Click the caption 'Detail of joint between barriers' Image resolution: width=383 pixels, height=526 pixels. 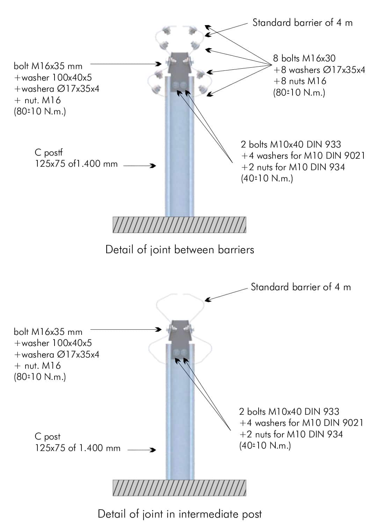180,250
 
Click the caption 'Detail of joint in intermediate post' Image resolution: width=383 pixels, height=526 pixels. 180,514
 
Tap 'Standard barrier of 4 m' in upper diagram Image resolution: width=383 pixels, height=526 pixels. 302,23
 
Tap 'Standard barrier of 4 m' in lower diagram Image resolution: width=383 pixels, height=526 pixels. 301,287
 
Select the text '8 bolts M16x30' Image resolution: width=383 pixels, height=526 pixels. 304,58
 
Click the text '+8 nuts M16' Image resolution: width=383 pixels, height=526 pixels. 299,81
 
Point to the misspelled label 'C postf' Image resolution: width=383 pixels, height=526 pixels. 49,153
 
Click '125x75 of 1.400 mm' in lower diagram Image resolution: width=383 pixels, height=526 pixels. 77,448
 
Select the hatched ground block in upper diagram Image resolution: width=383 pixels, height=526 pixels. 179,225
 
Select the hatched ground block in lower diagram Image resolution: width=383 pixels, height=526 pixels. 179,488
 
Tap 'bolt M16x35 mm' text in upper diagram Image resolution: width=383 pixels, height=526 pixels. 48,66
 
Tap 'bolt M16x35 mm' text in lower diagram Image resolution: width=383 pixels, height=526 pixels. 48,332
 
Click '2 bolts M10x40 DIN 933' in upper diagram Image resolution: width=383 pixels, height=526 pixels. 291,144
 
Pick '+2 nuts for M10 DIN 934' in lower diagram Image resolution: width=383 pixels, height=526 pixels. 291,434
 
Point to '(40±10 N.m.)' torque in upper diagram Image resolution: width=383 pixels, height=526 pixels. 267,179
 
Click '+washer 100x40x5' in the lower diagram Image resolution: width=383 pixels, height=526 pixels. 53,343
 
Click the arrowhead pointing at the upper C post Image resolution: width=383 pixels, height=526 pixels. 153,166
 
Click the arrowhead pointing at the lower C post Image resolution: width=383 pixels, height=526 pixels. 153,450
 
